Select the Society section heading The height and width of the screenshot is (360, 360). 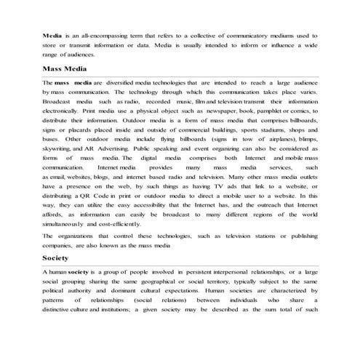(56, 258)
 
